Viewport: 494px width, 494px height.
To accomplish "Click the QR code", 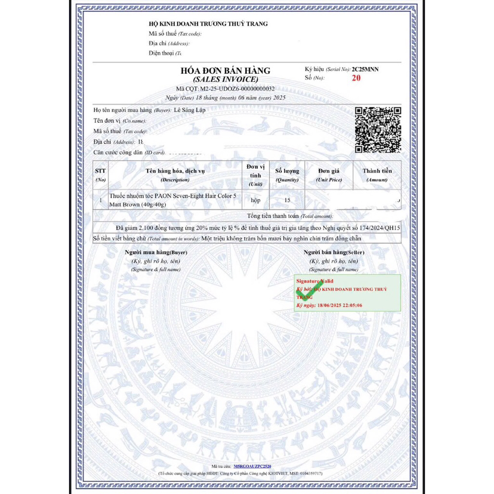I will [378, 129].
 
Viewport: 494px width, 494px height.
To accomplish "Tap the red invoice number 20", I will [356, 78].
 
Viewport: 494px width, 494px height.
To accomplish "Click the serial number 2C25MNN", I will [365, 69].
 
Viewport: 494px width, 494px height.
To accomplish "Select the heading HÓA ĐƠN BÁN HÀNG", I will [225, 70].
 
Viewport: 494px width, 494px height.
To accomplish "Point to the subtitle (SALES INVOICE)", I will [225, 80].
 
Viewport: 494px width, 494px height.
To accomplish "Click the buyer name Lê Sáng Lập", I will [190, 110].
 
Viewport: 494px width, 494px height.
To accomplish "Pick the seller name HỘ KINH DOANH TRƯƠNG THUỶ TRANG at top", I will [208, 24].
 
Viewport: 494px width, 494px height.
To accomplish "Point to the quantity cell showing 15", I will [287, 200].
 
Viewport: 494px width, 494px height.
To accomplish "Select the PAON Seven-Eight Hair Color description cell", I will [173, 200].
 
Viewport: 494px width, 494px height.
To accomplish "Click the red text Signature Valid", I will [315, 281].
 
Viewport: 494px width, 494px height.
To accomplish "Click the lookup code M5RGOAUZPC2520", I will [252, 467].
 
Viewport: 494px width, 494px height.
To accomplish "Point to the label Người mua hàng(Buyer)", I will [156, 252].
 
